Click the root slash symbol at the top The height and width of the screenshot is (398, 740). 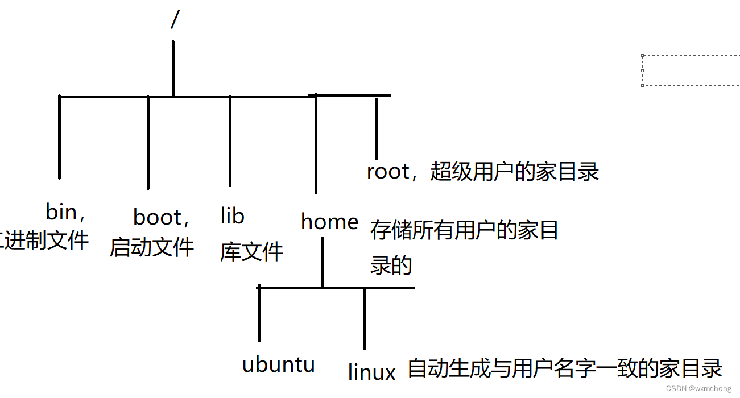pos(175,20)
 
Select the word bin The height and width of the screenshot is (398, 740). pos(61,212)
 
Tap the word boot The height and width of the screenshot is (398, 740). pos(157,217)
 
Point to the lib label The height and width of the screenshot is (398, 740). pos(232,216)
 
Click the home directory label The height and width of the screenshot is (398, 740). pos(329,222)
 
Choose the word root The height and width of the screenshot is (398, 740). pos(388,171)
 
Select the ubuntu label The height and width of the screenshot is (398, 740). pos(278,364)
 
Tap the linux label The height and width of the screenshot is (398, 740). pos(371,372)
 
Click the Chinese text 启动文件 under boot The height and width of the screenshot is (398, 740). pos(152,247)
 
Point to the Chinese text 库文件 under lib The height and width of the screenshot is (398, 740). pos(251,251)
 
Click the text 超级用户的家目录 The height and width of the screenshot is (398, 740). pos(515,171)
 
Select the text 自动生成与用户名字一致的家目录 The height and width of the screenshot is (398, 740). pos(565,368)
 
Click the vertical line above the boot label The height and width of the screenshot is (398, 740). pos(148,142)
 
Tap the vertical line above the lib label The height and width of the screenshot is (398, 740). pos(230,141)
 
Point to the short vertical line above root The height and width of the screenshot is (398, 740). pos(376,128)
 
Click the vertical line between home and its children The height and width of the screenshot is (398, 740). pos(322,262)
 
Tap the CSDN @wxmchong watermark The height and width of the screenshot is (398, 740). pos(699,389)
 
